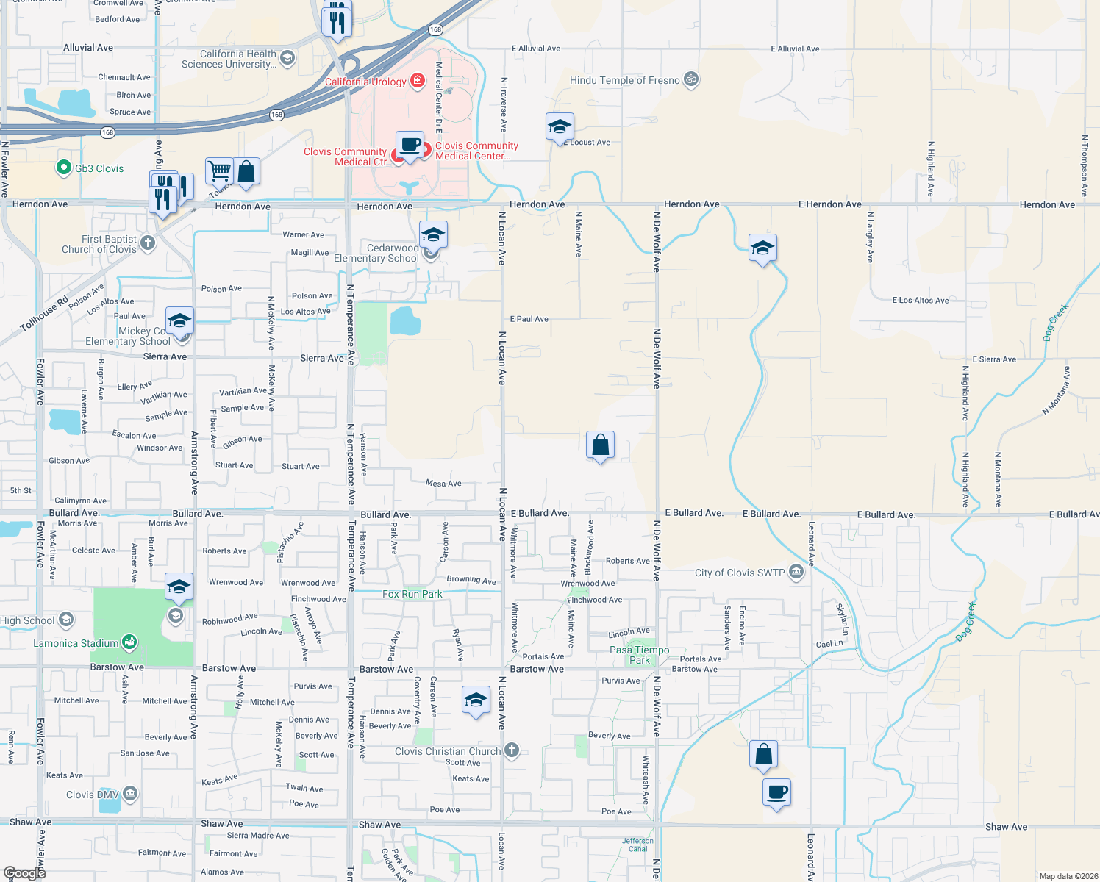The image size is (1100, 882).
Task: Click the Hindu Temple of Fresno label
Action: tap(624, 80)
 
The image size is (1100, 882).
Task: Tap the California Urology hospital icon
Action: tap(418, 81)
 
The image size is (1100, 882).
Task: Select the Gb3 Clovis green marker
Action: tap(63, 168)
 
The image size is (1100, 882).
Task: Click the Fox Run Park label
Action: tap(412, 594)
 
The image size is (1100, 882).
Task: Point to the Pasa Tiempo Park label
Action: tap(639, 655)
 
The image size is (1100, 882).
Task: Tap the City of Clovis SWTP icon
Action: tap(796, 573)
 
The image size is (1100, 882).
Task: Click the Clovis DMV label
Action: tap(92, 795)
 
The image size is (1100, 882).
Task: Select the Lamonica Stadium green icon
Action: tap(129, 643)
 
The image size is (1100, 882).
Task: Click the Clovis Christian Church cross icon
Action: tap(512, 751)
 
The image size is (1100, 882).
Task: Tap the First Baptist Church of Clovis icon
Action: tap(148, 243)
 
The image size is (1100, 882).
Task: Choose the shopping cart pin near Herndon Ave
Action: tap(219, 171)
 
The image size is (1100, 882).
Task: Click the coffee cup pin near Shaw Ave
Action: tap(776, 793)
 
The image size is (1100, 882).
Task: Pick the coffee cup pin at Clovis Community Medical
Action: tap(410, 145)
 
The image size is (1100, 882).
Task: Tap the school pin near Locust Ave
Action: tap(560, 127)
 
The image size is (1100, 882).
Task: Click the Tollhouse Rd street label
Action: tap(44, 313)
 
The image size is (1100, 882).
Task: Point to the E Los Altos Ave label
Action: tap(920, 300)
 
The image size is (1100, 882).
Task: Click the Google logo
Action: tap(24, 872)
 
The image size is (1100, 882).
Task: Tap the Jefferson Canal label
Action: tap(637, 845)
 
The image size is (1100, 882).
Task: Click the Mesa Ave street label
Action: tap(443, 483)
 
